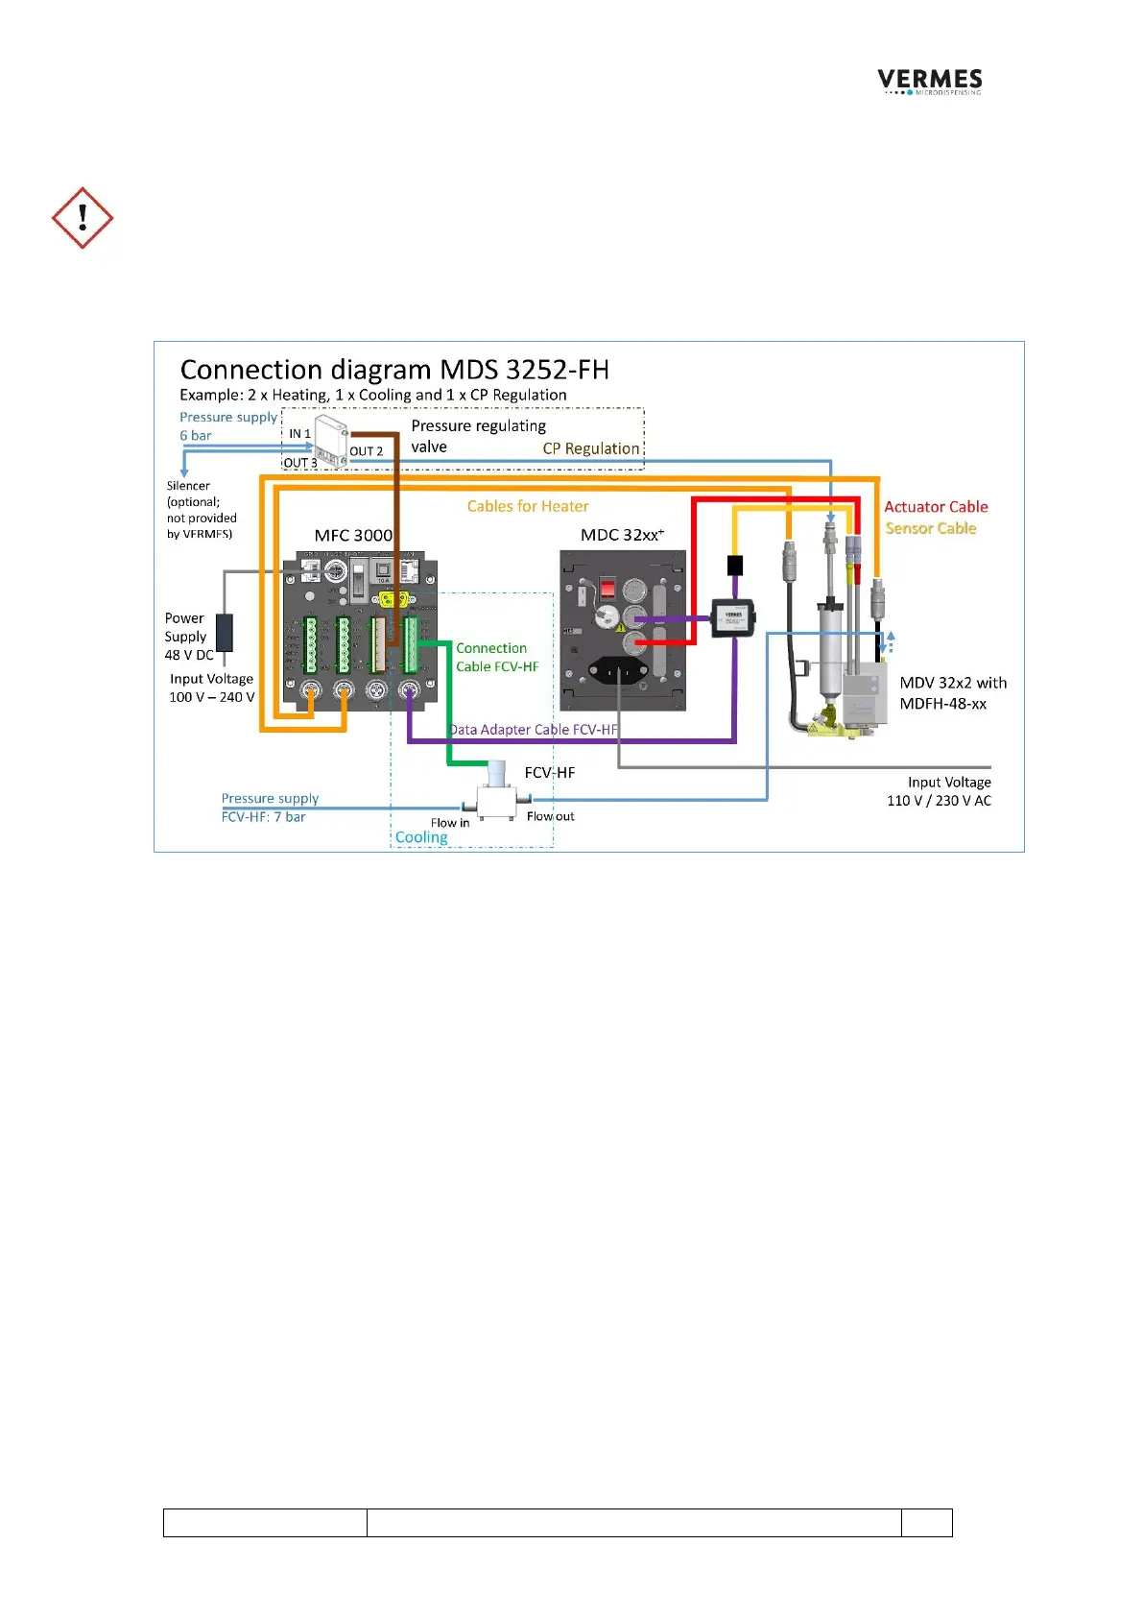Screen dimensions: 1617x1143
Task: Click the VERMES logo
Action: click(929, 81)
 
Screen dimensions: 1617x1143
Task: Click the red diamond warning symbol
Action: click(83, 218)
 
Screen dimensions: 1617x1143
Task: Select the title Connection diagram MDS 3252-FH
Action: click(393, 370)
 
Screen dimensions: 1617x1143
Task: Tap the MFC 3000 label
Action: click(353, 535)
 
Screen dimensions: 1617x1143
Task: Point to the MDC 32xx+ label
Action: click(622, 535)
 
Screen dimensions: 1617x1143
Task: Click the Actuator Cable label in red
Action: click(936, 507)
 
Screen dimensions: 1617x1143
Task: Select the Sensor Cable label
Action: click(930, 528)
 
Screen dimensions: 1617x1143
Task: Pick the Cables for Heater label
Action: click(527, 506)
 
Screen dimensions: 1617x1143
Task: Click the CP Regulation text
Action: click(590, 448)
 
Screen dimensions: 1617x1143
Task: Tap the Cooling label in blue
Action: click(421, 837)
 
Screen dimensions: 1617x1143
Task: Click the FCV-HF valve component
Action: click(496, 793)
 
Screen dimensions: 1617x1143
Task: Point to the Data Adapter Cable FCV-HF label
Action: click(534, 730)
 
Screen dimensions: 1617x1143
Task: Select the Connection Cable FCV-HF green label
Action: click(496, 658)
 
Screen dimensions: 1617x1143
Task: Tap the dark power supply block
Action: click(224, 633)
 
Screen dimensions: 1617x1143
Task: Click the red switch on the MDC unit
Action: click(607, 588)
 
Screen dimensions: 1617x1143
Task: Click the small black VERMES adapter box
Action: click(733, 617)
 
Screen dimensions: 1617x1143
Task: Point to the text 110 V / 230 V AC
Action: click(939, 801)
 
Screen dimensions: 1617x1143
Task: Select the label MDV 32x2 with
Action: click(953, 683)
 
